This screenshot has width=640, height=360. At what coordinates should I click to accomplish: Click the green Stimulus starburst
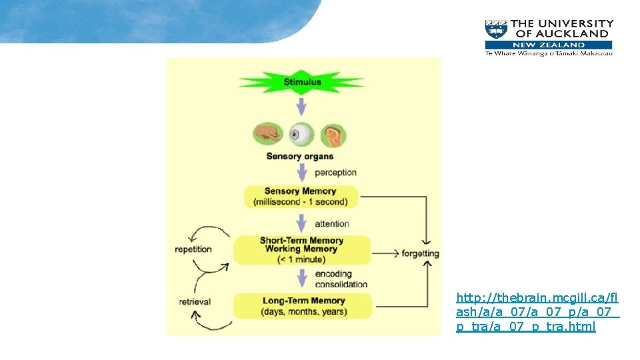[x=302, y=83]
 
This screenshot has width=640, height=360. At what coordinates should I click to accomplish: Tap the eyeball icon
[x=301, y=135]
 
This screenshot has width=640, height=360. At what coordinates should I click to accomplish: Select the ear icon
[x=333, y=135]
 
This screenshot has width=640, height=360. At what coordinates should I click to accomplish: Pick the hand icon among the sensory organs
[x=269, y=133]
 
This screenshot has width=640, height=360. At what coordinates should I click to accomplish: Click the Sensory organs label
[x=299, y=157]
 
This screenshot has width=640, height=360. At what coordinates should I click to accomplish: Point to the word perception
[x=335, y=173]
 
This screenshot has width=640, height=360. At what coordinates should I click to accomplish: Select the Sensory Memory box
[x=301, y=197]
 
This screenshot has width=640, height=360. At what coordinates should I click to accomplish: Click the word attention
[x=331, y=224]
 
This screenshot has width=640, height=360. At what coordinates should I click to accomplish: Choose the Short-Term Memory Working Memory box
[x=301, y=249]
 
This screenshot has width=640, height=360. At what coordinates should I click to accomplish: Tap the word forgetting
[x=420, y=253]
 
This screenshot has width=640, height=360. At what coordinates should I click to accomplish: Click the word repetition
[x=193, y=249]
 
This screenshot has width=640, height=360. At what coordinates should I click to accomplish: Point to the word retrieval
[x=195, y=302]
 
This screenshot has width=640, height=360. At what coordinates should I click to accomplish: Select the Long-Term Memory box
[x=303, y=306]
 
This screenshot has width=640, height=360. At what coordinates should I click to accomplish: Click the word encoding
[x=333, y=274]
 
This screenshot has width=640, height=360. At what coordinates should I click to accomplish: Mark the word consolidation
[x=341, y=284]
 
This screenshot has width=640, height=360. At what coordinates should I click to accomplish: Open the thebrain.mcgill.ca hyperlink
[x=537, y=311]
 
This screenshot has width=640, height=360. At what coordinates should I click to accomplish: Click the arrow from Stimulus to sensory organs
[x=301, y=107]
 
